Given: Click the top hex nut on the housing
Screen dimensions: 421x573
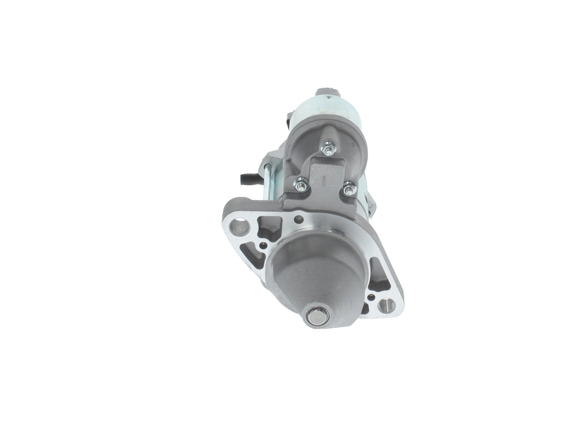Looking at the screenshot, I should pyautogui.click(x=329, y=148).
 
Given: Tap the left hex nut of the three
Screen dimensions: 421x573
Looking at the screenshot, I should pyautogui.click(x=301, y=184).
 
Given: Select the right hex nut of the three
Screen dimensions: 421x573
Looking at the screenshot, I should pyautogui.click(x=349, y=189).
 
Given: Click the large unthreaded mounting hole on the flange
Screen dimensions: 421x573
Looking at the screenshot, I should pyautogui.click(x=239, y=227).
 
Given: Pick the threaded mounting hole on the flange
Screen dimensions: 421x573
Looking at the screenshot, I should pyautogui.click(x=386, y=305).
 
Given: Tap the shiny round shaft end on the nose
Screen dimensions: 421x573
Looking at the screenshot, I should pyautogui.click(x=317, y=316).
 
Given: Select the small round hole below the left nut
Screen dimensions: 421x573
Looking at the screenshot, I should pyautogui.click(x=299, y=219).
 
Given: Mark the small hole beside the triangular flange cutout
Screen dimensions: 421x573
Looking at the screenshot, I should pyautogui.click(x=263, y=245).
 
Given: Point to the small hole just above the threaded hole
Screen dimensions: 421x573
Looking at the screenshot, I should pyautogui.click(x=371, y=297).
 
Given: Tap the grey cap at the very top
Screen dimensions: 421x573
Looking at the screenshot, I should pyautogui.click(x=327, y=92).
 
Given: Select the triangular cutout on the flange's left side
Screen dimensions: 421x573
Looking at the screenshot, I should pyautogui.click(x=252, y=256).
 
